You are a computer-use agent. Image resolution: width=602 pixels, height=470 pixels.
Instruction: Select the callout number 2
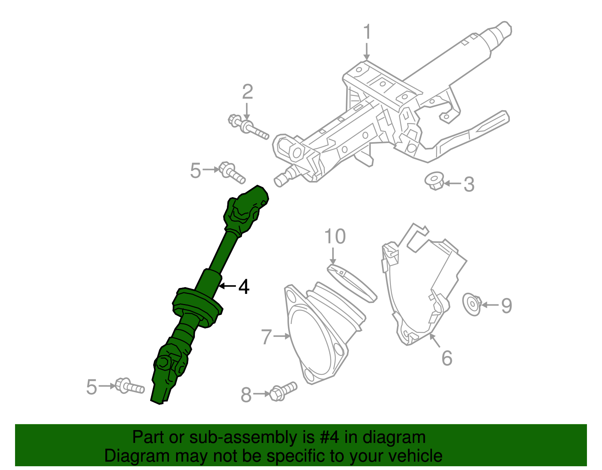click(247, 92)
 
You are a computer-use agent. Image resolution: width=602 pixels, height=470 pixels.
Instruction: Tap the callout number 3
click(468, 184)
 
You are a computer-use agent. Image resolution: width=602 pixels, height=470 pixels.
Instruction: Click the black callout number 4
click(244, 287)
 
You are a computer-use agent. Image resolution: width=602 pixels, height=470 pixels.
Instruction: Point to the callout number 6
click(447, 358)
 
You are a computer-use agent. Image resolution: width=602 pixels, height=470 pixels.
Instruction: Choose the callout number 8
click(246, 395)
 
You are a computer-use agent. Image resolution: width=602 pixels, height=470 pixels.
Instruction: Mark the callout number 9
click(506, 305)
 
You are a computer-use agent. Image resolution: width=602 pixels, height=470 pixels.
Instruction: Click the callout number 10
click(334, 237)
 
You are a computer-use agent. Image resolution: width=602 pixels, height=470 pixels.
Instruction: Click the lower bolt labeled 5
click(129, 386)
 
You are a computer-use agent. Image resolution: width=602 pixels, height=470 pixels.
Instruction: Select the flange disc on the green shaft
click(198, 307)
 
